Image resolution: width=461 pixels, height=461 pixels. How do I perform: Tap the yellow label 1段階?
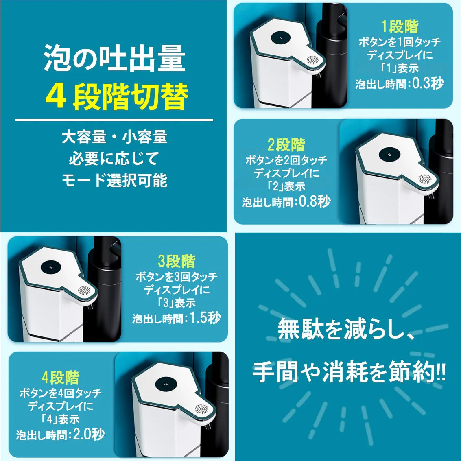coord(400,27)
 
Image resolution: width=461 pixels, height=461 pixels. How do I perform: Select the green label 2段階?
coord(286,145)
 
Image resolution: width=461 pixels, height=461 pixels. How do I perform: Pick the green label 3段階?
coord(177,261)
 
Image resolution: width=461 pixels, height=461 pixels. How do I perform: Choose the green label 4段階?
coord(60,378)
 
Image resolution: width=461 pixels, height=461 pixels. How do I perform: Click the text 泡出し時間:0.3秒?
coord(400,84)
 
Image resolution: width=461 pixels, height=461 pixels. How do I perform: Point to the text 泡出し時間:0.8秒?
coord(286,202)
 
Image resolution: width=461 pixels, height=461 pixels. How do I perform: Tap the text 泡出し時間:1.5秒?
coord(177,318)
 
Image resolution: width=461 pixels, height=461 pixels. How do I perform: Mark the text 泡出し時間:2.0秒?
coord(60,435)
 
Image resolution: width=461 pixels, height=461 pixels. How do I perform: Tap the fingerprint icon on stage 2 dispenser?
coord(426,179)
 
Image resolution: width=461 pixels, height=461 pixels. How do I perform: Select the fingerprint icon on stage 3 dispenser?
coord(84,292)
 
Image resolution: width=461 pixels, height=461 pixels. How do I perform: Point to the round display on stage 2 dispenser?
coord(389,155)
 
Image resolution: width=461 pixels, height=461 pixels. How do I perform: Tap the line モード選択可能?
coord(114,180)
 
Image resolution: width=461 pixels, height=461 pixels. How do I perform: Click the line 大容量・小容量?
coord(114,137)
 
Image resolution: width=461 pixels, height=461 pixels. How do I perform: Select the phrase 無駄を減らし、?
coord(346,329)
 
